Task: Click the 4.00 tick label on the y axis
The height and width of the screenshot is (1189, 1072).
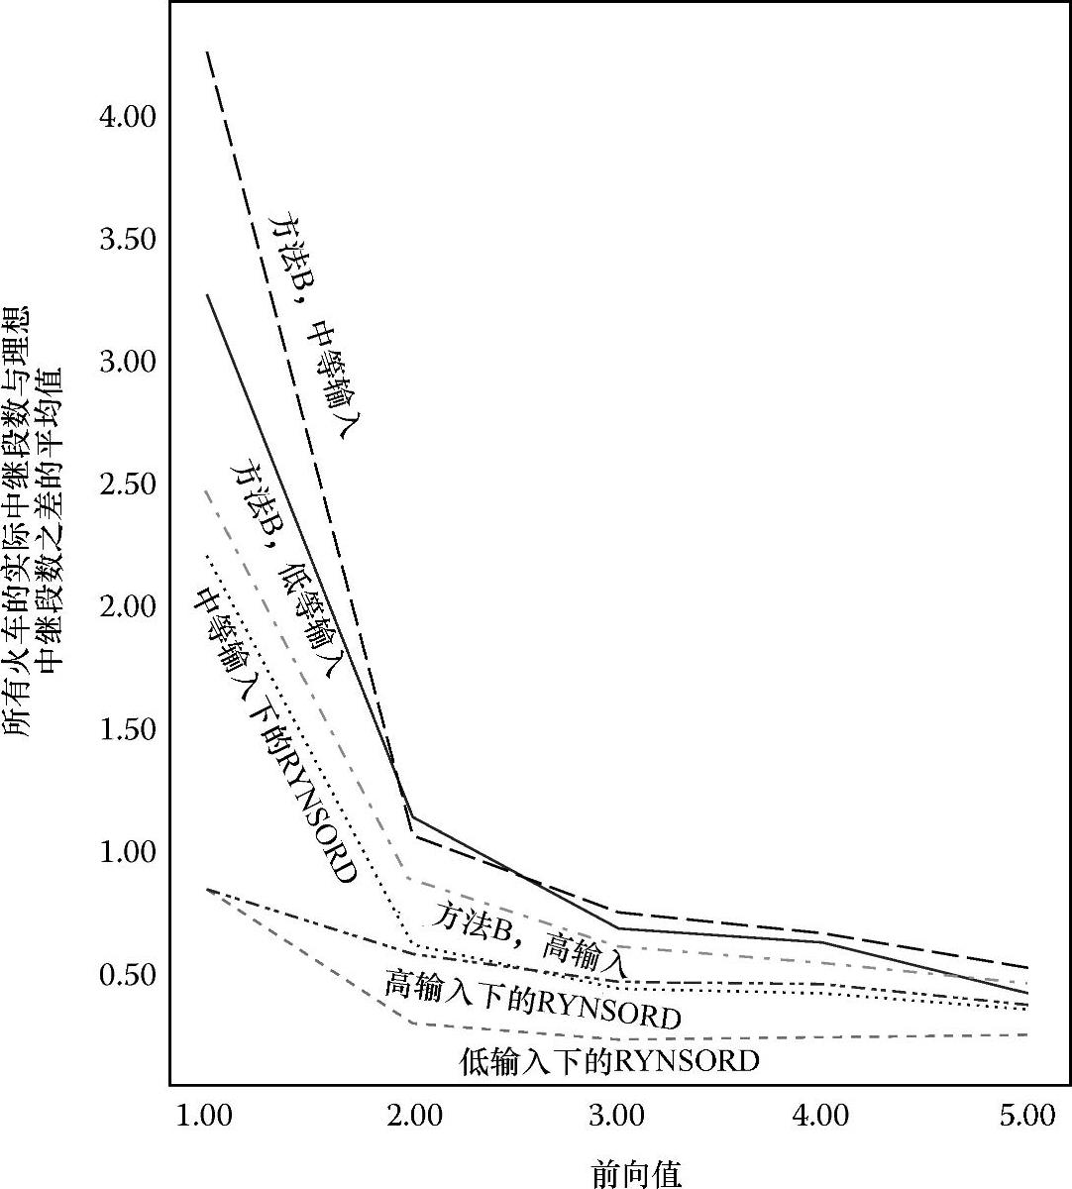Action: click(x=128, y=117)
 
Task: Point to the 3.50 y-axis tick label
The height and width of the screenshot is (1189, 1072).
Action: click(x=128, y=240)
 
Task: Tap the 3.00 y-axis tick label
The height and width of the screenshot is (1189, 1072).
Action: click(x=128, y=362)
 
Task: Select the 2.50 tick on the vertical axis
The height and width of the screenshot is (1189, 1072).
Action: click(x=128, y=485)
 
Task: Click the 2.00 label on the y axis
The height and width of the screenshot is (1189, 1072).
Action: click(x=128, y=606)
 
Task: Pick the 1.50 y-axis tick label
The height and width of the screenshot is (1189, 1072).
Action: click(x=128, y=729)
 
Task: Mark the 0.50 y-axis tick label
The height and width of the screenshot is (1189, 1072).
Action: click(x=128, y=974)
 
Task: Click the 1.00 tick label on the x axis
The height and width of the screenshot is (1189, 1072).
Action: click(x=204, y=1116)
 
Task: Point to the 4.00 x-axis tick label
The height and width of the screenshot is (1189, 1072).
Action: click(x=821, y=1116)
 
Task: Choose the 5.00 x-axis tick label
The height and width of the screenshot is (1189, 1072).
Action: click(x=1026, y=1116)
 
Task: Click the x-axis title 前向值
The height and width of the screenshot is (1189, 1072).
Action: click(x=636, y=1173)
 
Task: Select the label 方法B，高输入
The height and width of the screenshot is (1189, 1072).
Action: click(x=529, y=936)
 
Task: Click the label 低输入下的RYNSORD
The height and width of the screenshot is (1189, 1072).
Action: click(x=609, y=1061)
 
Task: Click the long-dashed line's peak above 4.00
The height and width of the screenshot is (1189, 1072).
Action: click(x=207, y=51)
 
